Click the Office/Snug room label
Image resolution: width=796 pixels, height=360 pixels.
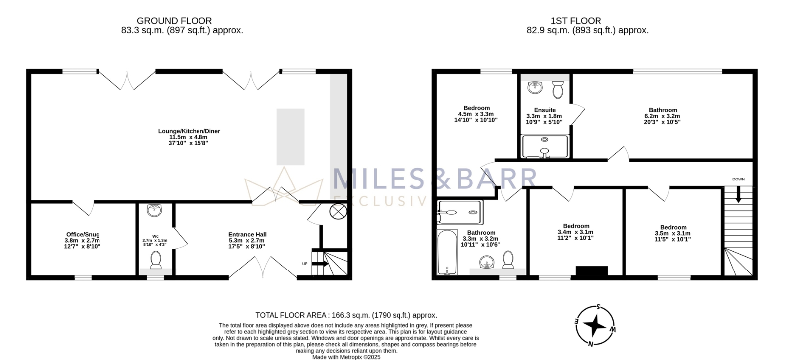click(x=83, y=234)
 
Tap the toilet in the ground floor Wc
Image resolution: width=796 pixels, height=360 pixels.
click(x=156, y=260)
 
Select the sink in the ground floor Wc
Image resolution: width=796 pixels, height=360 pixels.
click(x=154, y=210)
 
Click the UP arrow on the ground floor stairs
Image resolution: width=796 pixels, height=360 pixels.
click(x=320, y=264)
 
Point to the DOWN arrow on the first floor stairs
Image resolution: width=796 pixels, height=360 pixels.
click(x=738, y=194)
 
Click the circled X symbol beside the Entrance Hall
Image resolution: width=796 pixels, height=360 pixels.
click(x=338, y=212)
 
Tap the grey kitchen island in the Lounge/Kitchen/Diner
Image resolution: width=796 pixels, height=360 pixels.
click(x=291, y=137)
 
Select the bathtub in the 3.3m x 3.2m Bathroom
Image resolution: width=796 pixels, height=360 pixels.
click(x=447, y=253)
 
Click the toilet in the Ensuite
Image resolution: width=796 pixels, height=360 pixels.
click(x=558, y=90)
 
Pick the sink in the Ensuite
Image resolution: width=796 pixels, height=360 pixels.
click(x=535, y=88)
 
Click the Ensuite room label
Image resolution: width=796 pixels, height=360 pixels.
click(x=545, y=110)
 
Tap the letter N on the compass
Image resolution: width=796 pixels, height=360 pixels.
click(x=590, y=343)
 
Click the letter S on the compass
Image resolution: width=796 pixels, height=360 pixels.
click(x=599, y=307)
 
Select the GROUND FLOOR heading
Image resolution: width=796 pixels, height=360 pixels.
click(x=174, y=21)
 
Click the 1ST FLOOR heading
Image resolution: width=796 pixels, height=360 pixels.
click(x=576, y=21)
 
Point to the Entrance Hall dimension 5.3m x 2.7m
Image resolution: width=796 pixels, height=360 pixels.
click(x=246, y=240)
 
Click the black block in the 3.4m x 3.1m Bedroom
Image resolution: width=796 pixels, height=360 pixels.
click(x=592, y=270)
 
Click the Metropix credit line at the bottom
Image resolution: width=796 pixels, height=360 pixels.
click(x=346, y=357)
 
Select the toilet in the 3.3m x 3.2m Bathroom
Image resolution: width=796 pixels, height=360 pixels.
click(x=508, y=260)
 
